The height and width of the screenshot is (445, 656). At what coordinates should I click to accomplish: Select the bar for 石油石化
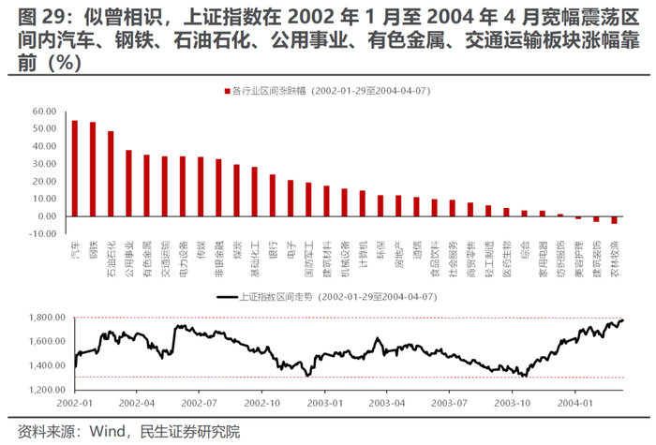(111, 174)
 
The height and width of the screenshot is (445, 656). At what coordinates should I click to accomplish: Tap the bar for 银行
(272, 196)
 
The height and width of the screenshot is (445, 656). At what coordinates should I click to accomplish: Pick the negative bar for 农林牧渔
(614, 220)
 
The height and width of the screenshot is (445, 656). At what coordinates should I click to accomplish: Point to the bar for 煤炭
(236, 191)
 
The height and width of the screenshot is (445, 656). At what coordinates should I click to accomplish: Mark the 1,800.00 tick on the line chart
(43, 319)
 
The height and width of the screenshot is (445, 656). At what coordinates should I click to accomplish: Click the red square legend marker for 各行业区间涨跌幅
(226, 91)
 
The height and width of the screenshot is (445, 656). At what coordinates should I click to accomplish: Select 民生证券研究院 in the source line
(190, 432)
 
